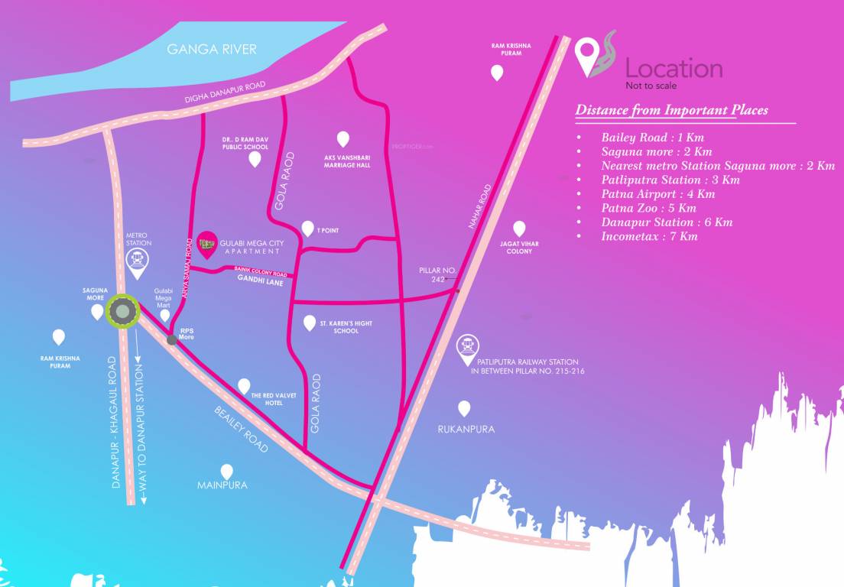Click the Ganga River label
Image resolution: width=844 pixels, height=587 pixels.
pos(212,50)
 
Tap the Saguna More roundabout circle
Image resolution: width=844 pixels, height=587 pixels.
pos(122,312)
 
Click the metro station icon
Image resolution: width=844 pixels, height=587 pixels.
pos(138,259)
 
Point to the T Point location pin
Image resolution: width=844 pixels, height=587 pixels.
pos(307,229)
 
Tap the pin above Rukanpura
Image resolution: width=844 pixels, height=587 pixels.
pos(464,408)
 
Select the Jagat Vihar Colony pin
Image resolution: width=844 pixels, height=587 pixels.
pos(519,229)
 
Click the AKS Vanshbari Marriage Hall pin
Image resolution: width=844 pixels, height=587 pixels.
pos(343,139)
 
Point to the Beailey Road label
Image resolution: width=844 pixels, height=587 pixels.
pos(241,430)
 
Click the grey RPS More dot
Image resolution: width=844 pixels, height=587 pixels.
pos(172,340)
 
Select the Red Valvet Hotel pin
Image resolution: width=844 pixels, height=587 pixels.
pos(244,385)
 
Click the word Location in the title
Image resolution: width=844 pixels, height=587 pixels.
pos(674,69)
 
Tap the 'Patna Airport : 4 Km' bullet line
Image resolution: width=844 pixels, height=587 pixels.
pos(658,194)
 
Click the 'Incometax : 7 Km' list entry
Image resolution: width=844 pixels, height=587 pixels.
pos(649,236)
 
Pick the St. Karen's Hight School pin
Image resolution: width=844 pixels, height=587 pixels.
pos(310,323)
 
